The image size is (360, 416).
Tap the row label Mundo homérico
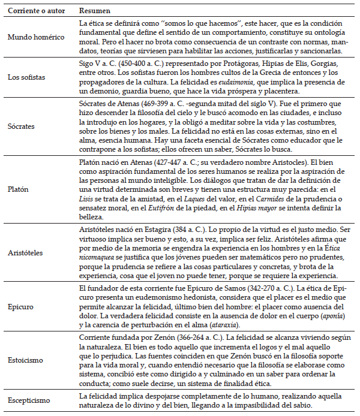point(36,37)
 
